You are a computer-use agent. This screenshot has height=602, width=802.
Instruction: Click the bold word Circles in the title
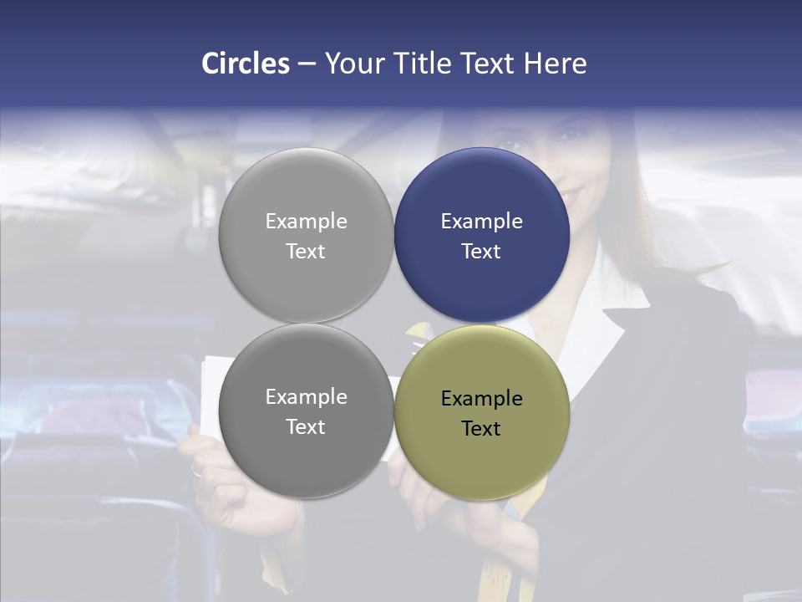[246, 64]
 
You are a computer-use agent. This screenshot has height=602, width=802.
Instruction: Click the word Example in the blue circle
[482, 222]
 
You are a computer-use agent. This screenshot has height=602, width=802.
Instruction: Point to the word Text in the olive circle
[481, 428]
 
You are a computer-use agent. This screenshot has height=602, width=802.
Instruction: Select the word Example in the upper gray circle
[306, 222]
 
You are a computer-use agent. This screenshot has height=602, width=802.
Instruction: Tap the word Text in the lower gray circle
[306, 426]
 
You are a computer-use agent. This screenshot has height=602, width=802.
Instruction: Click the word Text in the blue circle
[481, 251]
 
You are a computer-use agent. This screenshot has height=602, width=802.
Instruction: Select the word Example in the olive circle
[482, 399]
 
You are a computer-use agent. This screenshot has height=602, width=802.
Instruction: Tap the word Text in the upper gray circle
[306, 251]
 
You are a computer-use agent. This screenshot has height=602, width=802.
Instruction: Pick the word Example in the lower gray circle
[306, 397]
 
